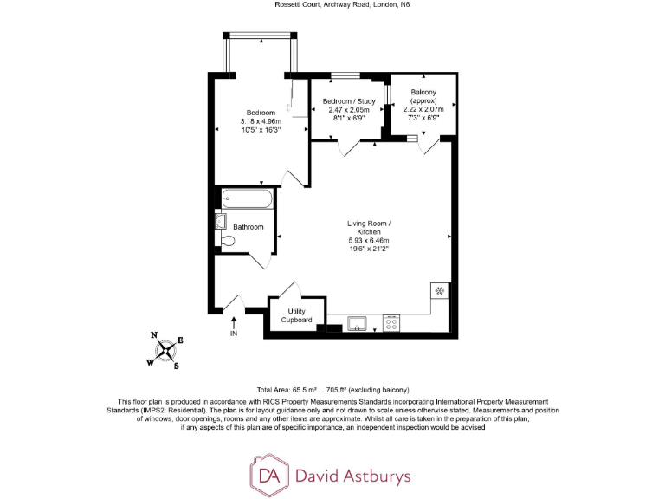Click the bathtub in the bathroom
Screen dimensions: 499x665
click(248, 199)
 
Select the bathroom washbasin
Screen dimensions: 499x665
click(220, 219)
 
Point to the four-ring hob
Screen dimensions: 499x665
click(391, 324)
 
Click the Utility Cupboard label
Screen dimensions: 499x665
click(296, 315)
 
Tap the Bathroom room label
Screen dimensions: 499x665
click(248, 227)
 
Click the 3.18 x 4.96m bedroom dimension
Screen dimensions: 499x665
click(261, 121)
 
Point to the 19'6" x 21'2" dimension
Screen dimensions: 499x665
click(369, 249)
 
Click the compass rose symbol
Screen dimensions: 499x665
click(167, 351)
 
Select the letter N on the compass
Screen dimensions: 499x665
click(154, 335)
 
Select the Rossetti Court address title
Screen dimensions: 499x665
click(332, 6)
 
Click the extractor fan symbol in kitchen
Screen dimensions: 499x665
click(440, 290)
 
